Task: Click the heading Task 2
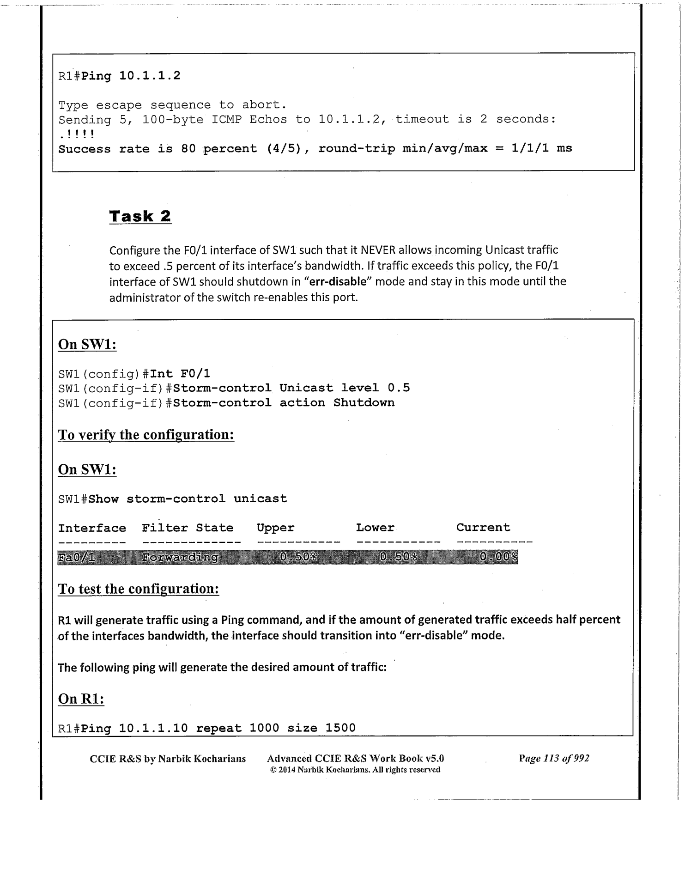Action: coord(140,216)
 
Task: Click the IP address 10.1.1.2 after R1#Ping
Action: coord(150,75)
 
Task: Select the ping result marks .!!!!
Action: coord(77,134)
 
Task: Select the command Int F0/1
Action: coord(180,373)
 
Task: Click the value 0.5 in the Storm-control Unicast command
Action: coord(399,388)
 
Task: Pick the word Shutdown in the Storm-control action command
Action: coord(364,402)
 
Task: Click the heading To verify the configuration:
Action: coord(146,435)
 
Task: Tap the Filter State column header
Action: coord(188,528)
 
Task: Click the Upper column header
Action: coord(275,528)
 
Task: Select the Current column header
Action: coord(483,528)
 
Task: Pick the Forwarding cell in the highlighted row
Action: coord(180,557)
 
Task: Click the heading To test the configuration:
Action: coord(138,589)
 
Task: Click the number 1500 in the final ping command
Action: coord(340,728)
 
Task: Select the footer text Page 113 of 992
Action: coord(554,758)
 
